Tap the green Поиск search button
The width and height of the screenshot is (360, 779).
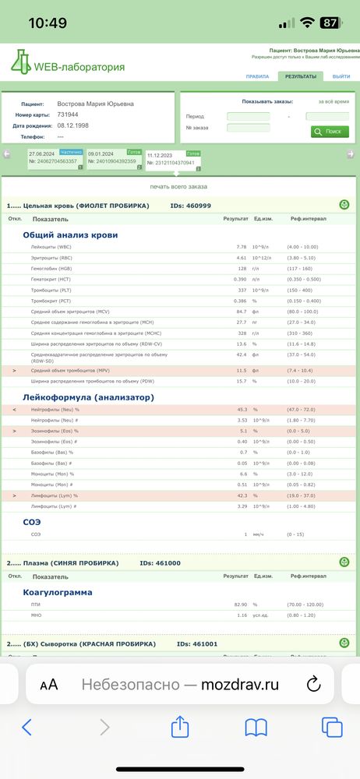tap(330, 132)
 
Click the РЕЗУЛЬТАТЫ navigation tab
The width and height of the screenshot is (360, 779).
tap(300, 76)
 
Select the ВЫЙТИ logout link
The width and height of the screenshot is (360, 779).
tap(341, 76)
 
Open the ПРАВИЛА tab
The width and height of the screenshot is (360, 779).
tap(257, 76)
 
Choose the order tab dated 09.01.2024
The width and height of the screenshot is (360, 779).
tap(112, 157)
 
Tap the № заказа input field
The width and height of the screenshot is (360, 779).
tap(248, 128)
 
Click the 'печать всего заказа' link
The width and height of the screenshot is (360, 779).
tap(178, 187)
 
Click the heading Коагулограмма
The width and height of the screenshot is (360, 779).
tap(58, 592)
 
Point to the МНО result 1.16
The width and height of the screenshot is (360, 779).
tap(242, 615)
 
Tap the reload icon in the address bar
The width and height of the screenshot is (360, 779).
tap(313, 684)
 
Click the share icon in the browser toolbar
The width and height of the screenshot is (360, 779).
tap(180, 728)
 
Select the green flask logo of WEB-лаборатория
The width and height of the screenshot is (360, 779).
tap(20, 62)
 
